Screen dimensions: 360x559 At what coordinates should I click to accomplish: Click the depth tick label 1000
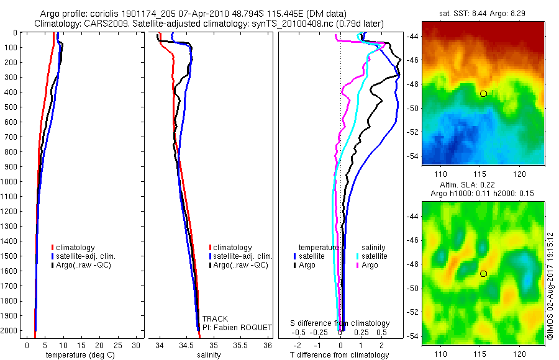point(9,182)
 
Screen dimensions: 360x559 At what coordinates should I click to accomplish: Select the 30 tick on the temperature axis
point(137,344)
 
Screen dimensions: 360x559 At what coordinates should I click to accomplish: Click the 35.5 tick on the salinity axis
point(240,344)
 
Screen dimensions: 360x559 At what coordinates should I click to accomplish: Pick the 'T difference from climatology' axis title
point(340,355)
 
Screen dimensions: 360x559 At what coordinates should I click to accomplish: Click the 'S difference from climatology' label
point(340,323)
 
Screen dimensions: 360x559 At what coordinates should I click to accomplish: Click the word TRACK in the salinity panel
point(215,319)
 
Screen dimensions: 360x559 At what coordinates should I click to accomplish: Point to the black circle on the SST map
point(483,94)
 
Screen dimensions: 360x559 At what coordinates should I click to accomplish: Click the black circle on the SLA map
point(483,274)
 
